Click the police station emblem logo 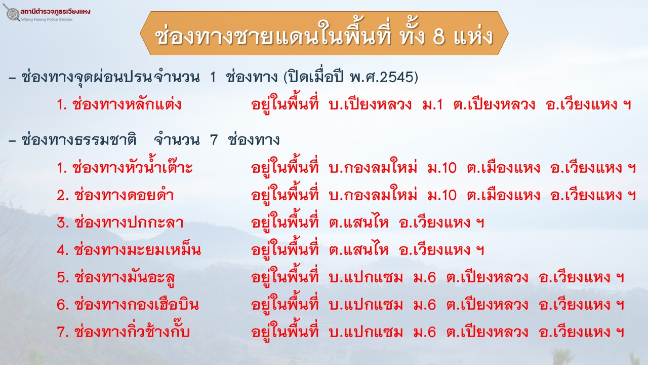[12, 13]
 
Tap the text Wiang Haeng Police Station [47, 19]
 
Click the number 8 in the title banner [438, 37]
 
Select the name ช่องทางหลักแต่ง [127, 104]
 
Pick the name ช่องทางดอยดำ [124, 195]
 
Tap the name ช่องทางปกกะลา [129, 222]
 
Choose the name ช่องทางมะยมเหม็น [137, 249]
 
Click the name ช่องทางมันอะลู [125, 277]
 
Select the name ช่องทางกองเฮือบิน [137, 304]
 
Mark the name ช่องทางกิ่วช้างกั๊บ [132, 331]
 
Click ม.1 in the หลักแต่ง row [432, 104]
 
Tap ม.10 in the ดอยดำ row [442, 195]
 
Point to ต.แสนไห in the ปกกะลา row [359, 223]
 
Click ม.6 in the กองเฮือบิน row [424, 305]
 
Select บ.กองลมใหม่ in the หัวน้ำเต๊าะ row [373, 167]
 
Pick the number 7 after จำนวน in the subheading [214, 140]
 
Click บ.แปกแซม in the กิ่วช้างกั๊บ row [366, 332]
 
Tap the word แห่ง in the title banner [473, 36]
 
